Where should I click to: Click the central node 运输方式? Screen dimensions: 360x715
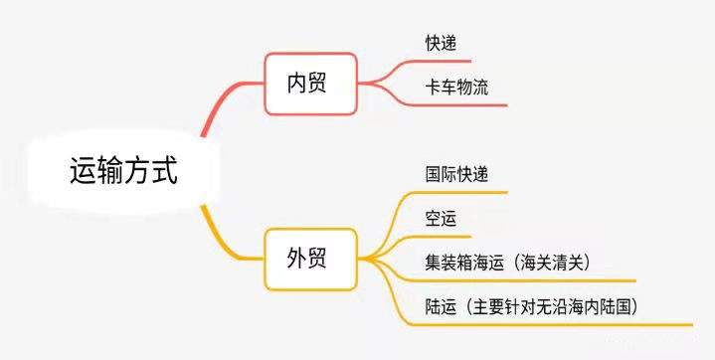click(x=123, y=171)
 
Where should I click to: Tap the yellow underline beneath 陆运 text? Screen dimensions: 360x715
click(x=557, y=324)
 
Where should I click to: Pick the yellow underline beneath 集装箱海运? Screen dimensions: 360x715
click(x=497, y=280)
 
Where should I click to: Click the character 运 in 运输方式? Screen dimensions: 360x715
click(x=83, y=171)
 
